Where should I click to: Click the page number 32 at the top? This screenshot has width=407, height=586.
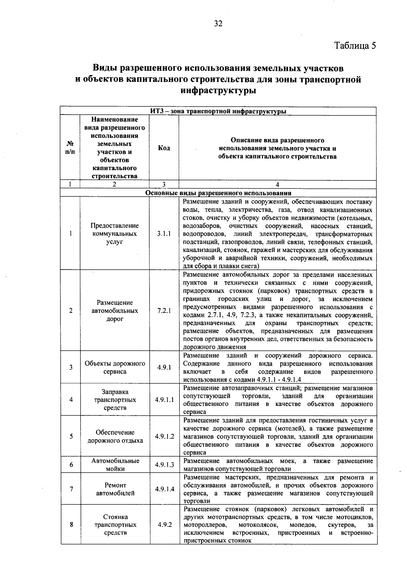tap(218, 23)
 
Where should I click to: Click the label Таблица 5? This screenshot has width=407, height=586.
tap(355, 46)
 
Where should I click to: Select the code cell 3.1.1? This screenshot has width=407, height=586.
tap(164, 234)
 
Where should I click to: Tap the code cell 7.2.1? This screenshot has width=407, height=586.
tap(164, 310)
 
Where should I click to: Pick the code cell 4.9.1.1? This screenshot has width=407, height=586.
tap(164, 400)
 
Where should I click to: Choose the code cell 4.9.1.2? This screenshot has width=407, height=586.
tap(164, 436)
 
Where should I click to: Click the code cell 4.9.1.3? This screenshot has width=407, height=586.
tap(164, 465)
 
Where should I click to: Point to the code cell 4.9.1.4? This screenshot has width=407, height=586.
tap(164, 489)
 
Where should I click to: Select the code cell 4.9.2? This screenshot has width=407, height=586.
tap(164, 525)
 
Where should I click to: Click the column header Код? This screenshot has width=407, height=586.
tap(164, 148)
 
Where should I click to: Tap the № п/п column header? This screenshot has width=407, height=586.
tap(70, 148)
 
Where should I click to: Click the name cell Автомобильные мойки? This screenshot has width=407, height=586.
tap(115, 465)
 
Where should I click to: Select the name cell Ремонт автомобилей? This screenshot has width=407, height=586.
tap(115, 489)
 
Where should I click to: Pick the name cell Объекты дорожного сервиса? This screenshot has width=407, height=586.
tap(115, 367)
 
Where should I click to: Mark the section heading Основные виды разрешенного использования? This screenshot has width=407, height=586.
tap(218, 193)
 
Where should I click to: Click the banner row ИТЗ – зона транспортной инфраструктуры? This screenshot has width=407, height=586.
tap(218, 111)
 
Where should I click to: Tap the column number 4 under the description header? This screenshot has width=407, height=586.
tap(277, 184)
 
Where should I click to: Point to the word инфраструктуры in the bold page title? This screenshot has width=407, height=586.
tap(218, 91)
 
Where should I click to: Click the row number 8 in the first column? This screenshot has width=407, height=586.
tap(71, 525)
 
